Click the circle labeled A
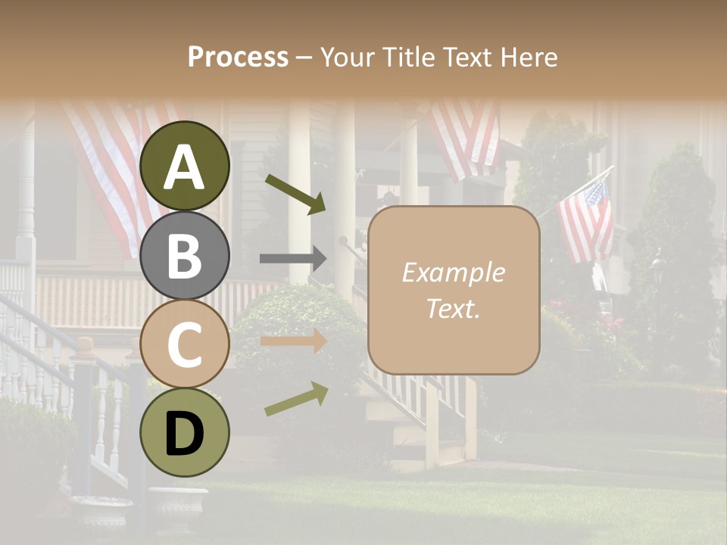coord(185,167)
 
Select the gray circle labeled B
coord(185,255)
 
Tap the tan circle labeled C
coord(185,344)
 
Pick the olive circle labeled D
coord(185,432)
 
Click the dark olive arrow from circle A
coord(295,194)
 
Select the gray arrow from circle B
coord(293,259)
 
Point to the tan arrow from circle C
coord(293,341)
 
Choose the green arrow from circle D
coord(296,399)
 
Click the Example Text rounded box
coord(454,290)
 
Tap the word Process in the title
coord(238,57)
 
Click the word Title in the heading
coord(407,57)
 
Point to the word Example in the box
coord(453,272)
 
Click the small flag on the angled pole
coord(586,221)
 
